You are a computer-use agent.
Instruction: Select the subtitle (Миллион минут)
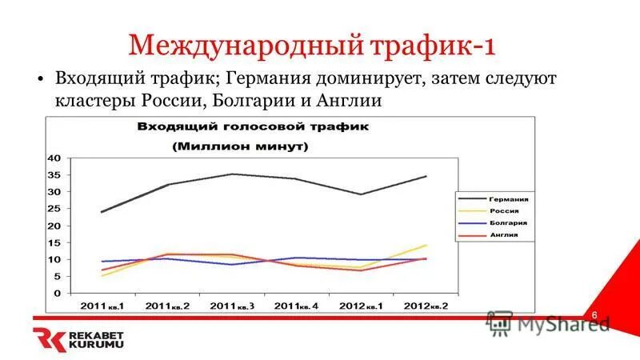(x=242, y=146)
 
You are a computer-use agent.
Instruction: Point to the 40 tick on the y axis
(x=54, y=158)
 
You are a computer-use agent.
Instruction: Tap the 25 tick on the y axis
(x=54, y=209)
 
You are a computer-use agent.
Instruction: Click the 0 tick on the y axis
(x=58, y=294)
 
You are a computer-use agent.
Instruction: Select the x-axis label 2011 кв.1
(x=102, y=306)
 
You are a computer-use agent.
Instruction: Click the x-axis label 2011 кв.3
(x=232, y=306)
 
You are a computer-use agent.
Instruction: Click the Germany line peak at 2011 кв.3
(x=232, y=174)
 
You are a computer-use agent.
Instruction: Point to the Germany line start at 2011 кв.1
(x=102, y=212)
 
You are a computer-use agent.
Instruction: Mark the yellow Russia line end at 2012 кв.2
(x=426, y=245)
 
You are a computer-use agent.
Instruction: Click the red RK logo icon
(x=46, y=339)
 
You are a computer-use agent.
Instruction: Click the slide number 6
(x=595, y=316)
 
